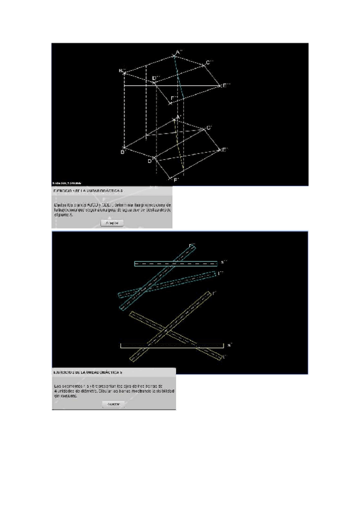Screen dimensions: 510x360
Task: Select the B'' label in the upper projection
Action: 121,72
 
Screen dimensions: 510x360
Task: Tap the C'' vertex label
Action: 209,63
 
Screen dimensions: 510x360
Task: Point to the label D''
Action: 155,79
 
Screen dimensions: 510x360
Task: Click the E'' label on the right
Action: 225,86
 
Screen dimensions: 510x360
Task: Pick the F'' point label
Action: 174,98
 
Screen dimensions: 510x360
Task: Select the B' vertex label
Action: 121,152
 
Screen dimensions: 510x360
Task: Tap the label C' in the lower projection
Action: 209,127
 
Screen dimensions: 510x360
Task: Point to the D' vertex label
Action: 150,161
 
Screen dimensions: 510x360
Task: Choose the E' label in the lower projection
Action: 224,149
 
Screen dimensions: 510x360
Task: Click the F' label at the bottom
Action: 176,180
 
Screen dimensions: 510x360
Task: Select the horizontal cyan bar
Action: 175,263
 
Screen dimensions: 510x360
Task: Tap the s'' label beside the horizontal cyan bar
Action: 222,262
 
